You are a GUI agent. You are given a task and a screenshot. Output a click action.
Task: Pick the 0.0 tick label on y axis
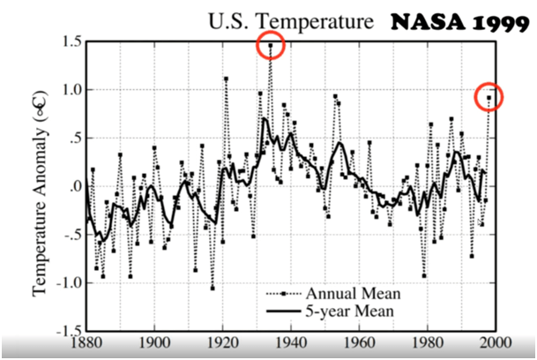click(72, 187)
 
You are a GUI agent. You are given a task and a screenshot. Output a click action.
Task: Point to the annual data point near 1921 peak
click(226, 79)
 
